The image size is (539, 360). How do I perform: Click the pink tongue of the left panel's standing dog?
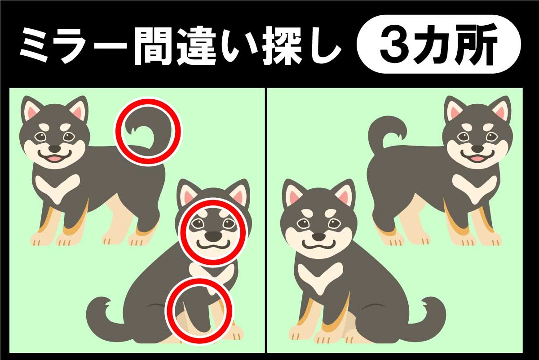pos(54,158)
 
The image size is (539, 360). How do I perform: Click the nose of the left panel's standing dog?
pos(55,149)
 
